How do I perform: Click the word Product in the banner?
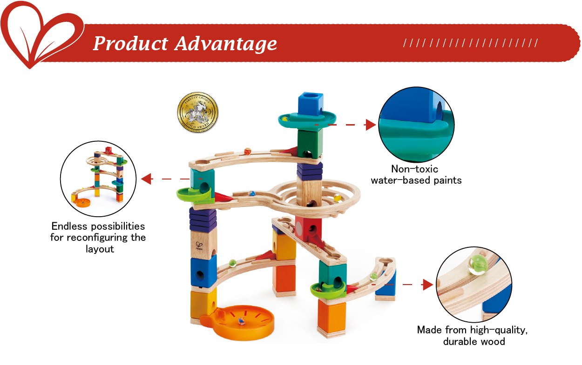(130, 44)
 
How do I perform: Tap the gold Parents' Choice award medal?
(198, 113)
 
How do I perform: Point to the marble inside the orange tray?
(241, 320)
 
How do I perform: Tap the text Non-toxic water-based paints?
(416, 174)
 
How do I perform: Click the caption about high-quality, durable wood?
(473, 336)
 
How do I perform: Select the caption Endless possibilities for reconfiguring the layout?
(98, 237)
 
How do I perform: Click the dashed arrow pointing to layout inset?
(168, 179)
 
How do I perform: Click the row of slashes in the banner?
(470, 44)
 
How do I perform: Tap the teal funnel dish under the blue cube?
(308, 120)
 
